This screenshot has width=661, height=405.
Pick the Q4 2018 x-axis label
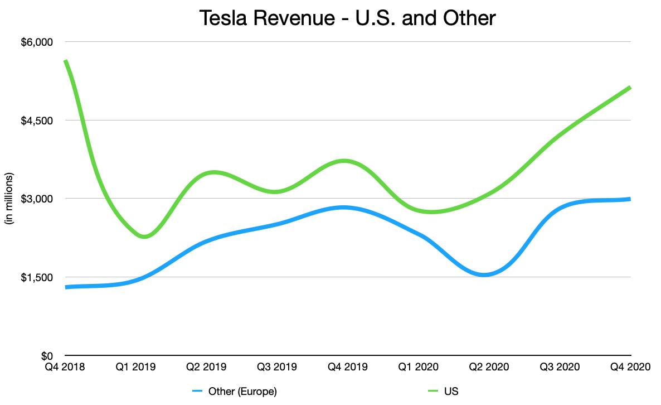tap(65, 368)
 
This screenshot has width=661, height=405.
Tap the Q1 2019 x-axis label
tap(135, 368)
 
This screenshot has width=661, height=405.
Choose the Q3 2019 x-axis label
tap(277, 368)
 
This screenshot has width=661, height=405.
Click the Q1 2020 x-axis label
tap(419, 368)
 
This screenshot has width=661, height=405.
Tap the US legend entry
tap(451, 391)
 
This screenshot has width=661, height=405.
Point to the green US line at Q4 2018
tap(66, 61)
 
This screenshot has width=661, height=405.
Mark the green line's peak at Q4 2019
tap(346, 161)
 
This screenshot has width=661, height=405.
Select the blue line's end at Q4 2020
tap(629, 199)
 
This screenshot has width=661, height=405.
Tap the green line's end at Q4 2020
tap(629, 88)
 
